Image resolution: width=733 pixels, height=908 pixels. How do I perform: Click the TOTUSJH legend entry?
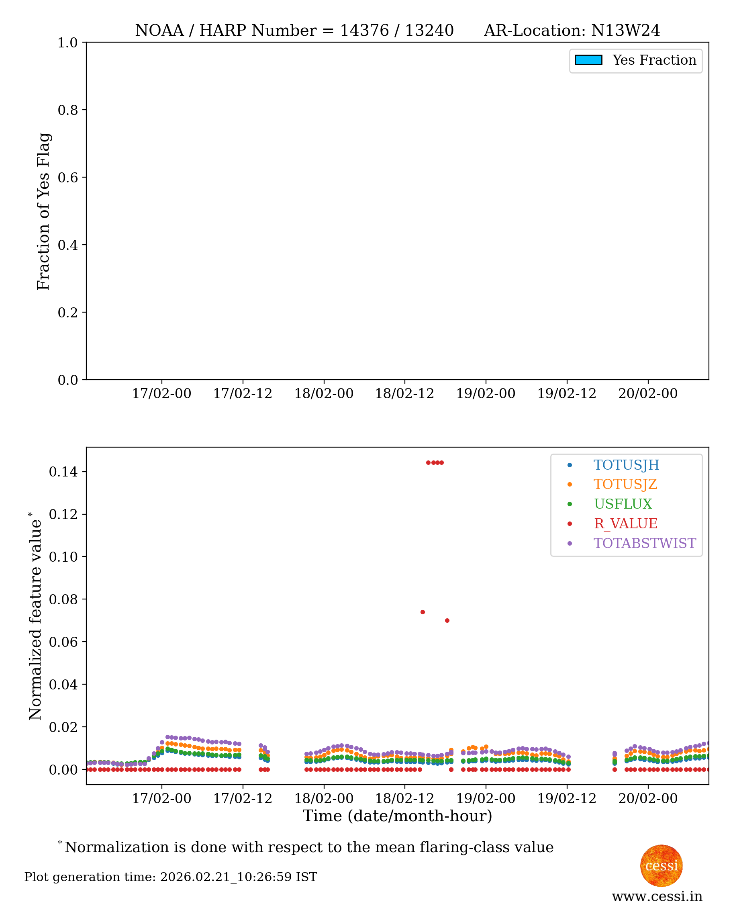click(626, 465)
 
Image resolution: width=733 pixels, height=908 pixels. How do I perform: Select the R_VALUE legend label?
click(625, 524)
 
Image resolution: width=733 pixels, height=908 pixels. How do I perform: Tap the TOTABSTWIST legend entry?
click(644, 543)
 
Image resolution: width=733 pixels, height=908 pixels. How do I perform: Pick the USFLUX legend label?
click(623, 504)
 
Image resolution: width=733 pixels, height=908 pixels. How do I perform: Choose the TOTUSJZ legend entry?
click(625, 485)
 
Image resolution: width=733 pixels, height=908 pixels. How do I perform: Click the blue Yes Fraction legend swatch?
click(588, 60)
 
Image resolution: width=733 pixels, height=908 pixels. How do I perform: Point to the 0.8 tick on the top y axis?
click(67, 110)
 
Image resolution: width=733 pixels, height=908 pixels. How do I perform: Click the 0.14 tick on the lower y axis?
click(63, 472)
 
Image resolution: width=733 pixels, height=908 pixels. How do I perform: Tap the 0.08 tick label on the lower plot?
click(63, 599)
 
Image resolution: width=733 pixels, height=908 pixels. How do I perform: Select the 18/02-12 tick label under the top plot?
click(404, 394)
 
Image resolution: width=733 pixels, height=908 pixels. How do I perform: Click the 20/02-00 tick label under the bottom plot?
click(648, 799)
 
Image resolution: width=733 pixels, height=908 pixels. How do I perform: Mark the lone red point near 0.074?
click(423, 612)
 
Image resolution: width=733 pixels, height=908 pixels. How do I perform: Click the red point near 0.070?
click(447, 621)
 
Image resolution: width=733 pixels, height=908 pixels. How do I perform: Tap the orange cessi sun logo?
click(661, 866)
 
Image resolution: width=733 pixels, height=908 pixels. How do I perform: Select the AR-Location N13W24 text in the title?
click(572, 31)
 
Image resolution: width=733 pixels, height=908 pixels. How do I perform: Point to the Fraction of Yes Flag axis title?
click(43, 211)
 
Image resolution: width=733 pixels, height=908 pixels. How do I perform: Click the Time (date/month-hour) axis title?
click(397, 816)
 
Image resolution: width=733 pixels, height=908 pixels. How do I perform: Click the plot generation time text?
click(171, 877)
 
